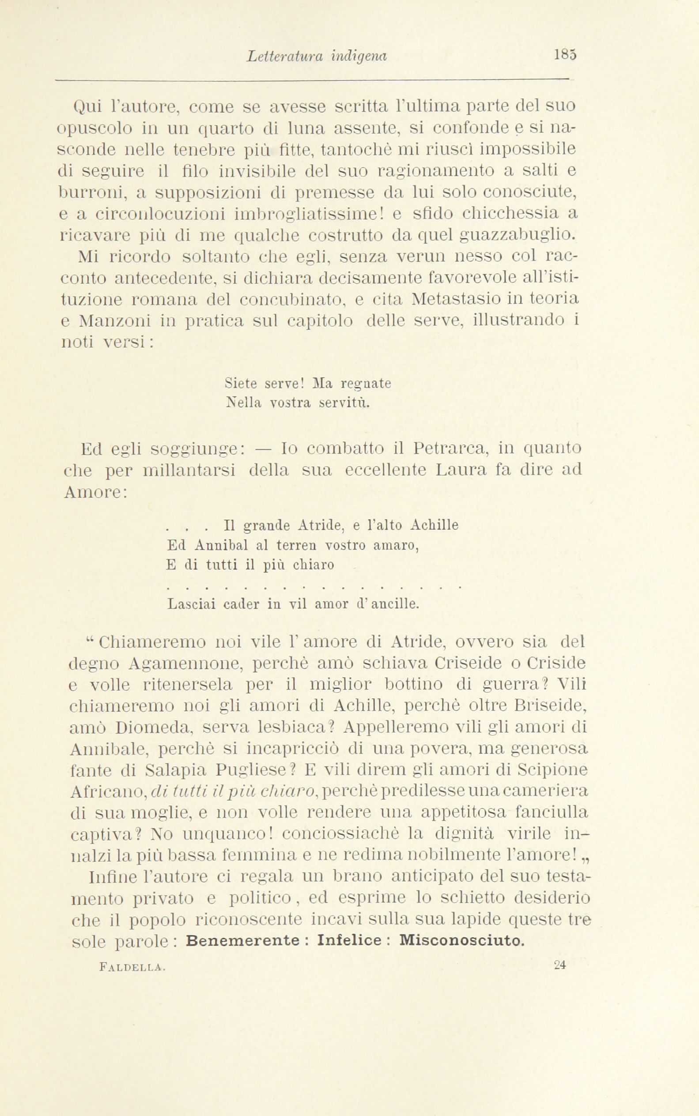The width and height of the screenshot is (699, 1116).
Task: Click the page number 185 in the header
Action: coord(565,56)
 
